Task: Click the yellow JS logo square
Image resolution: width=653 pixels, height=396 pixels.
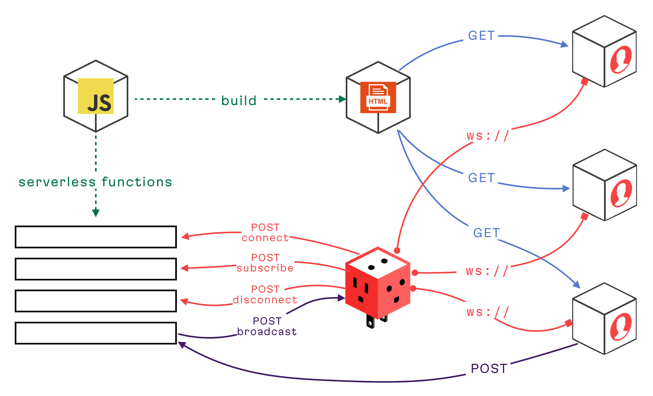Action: point(96,96)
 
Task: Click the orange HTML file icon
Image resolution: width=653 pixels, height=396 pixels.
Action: point(378,97)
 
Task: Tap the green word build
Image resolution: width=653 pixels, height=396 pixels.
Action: point(239,101)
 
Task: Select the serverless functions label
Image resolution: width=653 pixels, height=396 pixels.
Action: point(95,182)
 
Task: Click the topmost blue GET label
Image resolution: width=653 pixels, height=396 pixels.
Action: point(481,36)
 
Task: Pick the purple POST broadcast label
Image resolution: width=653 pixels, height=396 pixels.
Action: point(267,326)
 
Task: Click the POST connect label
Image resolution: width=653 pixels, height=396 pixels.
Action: point(265,232)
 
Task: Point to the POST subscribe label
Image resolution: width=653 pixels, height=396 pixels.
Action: point(265,263)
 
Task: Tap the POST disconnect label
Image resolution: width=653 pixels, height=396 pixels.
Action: point(265,294)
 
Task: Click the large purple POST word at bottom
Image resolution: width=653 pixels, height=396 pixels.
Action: point(489,369)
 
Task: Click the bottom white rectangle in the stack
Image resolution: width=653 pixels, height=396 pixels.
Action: point(96,333)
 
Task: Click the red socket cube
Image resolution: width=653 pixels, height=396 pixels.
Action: point(378,284)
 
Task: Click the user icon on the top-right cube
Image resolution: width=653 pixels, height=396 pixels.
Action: point(621,60)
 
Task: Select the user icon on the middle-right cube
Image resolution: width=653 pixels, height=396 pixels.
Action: point(621,193)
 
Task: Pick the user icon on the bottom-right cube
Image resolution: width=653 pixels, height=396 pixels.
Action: point(621,326)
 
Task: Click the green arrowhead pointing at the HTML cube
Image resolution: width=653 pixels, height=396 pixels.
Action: point(343,99)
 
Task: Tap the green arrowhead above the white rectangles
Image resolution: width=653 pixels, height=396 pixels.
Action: point(96,213)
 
